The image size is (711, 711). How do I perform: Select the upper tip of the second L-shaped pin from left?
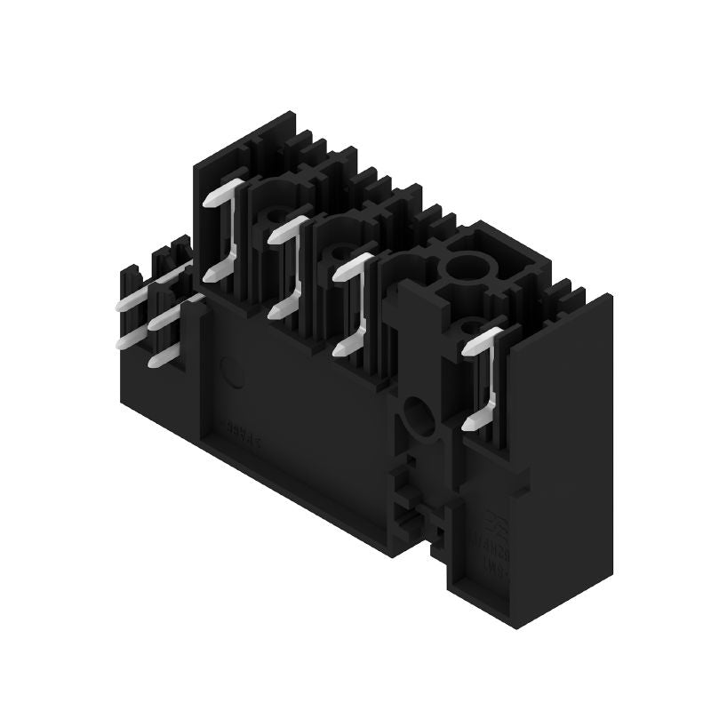[x=274, y=237]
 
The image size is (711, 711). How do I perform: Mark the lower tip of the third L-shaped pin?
[x=340, y=350]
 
